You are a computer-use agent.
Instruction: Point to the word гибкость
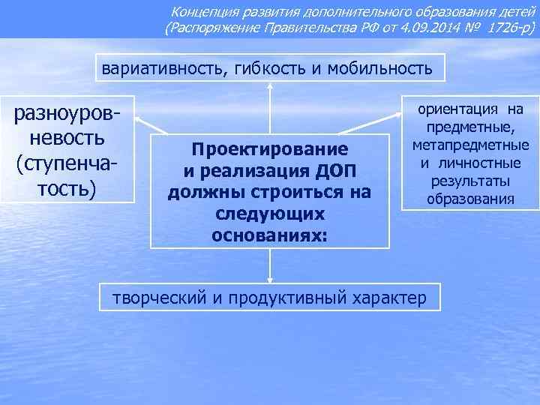[267, 69]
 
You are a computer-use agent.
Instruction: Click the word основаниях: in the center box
[270, 235]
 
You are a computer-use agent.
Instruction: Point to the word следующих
[270, 213]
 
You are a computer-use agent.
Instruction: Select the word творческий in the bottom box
[159, 297]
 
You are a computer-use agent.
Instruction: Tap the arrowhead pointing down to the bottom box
[270, 278]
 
